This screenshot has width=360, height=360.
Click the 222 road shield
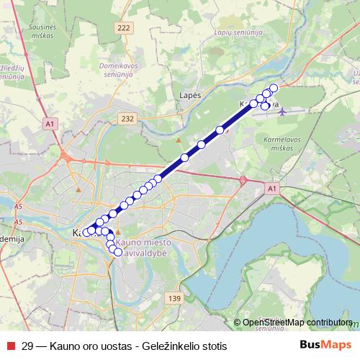tap(123, 27)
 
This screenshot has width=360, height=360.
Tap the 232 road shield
tap(128, 119)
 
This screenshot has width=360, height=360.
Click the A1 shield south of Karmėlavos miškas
tap(271, 189)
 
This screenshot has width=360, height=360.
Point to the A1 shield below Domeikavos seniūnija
tap(49, 124)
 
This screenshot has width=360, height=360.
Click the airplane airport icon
tap(282, 112)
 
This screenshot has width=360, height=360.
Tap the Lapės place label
tap(189, 94)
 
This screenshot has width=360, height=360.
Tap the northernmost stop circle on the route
tap(274, 88)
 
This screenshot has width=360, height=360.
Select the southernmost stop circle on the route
tap(118, 253)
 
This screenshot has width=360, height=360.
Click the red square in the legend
tap(10, 346)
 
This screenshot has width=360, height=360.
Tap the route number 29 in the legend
tap(28, 346)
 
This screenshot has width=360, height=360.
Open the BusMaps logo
tap(325, 345)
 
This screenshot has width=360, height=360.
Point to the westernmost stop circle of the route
tap(86, 233)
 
